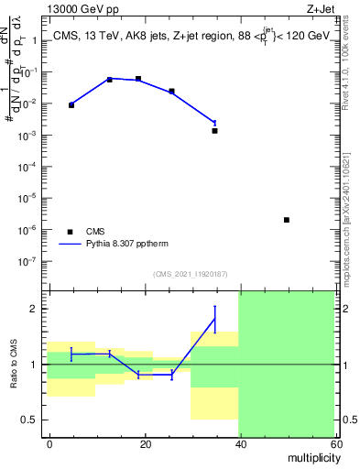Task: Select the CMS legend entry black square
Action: click(x=69, y=232)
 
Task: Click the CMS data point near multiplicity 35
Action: click(x=214, y=131)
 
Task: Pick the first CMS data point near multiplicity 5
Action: click(x=71, y=105)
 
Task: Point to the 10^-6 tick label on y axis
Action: click(x=31, y=229)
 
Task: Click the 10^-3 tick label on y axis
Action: click(x=31, y=135)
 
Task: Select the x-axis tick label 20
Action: click(x=144, y=443)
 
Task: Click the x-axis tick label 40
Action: click(x=239, y=443)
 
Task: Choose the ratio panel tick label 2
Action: click(x=38, y=310)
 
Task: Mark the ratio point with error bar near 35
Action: click(x=214, y=319)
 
